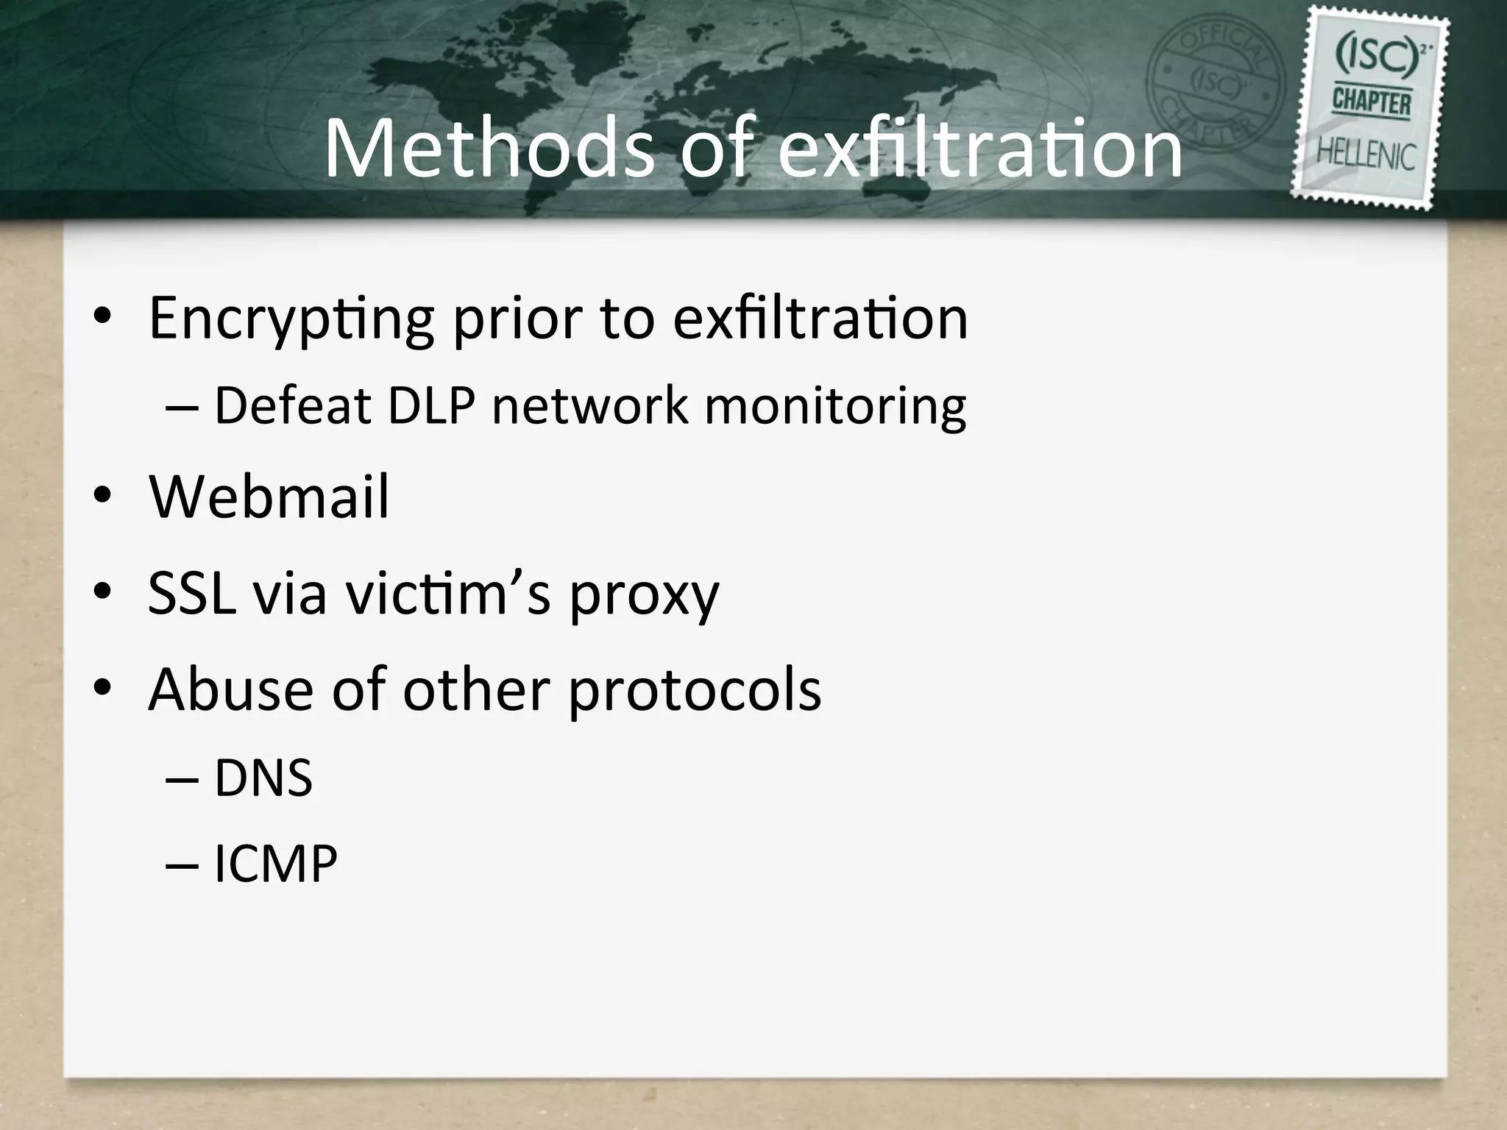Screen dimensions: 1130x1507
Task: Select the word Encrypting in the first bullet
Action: pos(291,319)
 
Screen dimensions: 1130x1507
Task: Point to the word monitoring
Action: pos(835,406)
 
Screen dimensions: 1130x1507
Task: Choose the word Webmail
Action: pos(269,498)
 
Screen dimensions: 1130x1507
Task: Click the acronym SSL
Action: pos(191,593)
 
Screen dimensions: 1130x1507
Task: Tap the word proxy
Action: pos(644,596)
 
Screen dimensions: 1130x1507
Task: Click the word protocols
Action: pos(695,692)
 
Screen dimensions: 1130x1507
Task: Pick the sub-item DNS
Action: pos(263,778)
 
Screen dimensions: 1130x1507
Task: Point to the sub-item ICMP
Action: pos(276,864)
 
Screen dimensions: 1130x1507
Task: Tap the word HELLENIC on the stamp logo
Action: pos(1366,156)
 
